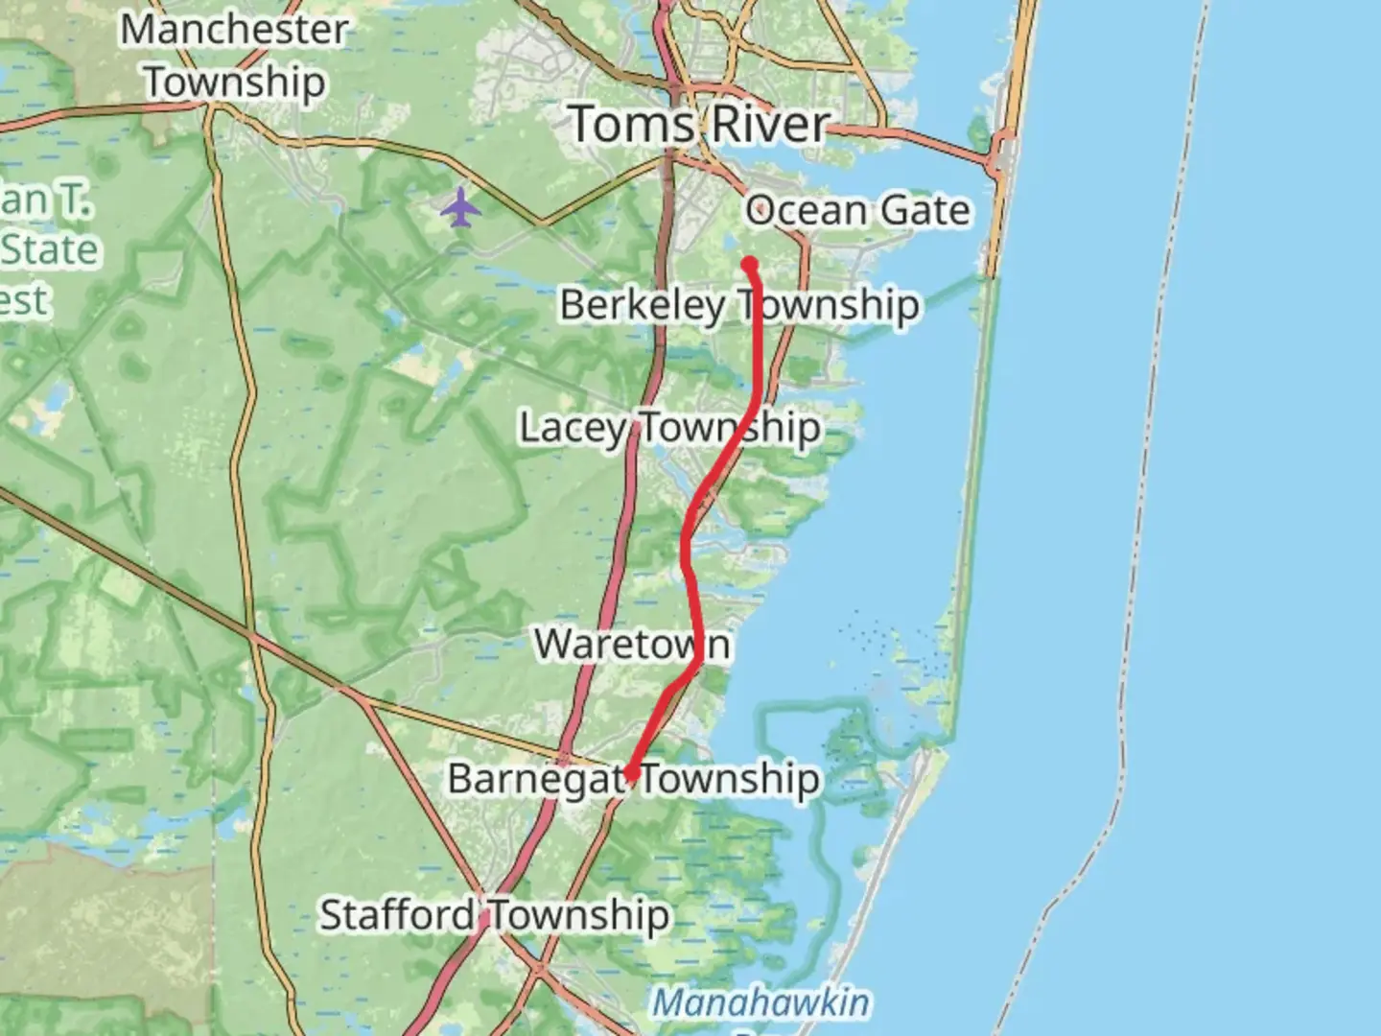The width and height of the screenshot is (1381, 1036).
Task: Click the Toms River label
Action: (699, 125)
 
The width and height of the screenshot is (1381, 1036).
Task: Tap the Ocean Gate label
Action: (857, 210)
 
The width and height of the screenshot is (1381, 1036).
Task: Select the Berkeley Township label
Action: (739, 305)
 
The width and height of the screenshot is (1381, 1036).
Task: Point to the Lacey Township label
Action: (669, 428)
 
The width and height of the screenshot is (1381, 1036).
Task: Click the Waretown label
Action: (632, 645)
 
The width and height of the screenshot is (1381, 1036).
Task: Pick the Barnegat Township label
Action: (634, 779)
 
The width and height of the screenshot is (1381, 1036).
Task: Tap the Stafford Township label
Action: (494, 915)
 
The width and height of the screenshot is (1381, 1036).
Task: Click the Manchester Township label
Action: (234, 56)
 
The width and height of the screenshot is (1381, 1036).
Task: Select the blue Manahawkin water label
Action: (761, 1003)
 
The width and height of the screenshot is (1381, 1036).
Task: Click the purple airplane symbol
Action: (460, 207)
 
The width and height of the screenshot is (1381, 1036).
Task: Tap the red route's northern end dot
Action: (750, 264)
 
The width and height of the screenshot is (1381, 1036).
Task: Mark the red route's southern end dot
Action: (631, 774)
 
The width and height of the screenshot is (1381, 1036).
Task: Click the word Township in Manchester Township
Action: (235, 82)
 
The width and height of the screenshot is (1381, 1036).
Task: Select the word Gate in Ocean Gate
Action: (925, 210)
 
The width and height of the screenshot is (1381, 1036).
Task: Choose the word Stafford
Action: (396, 915)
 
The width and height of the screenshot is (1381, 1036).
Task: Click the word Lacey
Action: (573, 428)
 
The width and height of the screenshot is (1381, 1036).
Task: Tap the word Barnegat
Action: (536, 779)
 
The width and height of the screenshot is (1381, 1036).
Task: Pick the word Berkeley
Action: (642, 305)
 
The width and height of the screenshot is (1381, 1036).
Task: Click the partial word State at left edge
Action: (50, 250)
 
